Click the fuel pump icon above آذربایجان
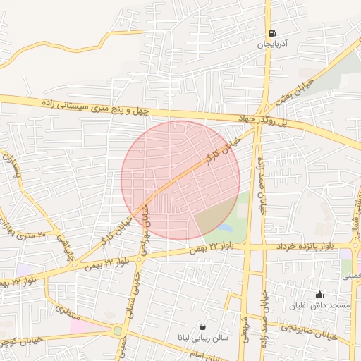point(271,33)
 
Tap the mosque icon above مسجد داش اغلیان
point(319,295)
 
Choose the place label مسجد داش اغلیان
point(319,306)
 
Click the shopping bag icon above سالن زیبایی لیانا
point(203,326)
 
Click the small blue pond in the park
point(225,228)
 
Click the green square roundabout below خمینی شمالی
point(117,330)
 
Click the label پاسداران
point(13,166)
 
